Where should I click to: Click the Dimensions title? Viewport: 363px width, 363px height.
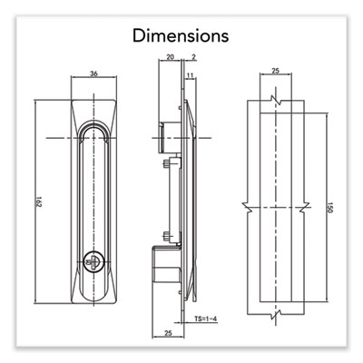pos(181,35)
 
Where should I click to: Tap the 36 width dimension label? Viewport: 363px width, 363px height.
pos(94,74)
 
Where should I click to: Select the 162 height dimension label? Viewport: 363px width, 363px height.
pos(39,201)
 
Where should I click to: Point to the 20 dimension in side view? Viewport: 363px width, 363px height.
pos(171,56)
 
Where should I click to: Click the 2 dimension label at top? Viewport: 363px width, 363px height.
pos(193,56)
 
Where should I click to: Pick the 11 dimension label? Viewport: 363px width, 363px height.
pos(190,75)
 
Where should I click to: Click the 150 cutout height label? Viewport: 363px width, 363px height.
pos(330,208)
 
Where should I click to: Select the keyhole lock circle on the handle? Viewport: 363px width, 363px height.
pos(94,260)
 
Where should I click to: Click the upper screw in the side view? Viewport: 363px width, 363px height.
pos(166,164)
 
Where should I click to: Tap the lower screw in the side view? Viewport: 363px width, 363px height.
pos(166,235)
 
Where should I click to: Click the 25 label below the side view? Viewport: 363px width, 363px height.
pos(168,333)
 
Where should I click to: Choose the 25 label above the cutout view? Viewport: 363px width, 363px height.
pos(275,71)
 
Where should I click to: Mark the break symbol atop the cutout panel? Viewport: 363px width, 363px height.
pos(276,100)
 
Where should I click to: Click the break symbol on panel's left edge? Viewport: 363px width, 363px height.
pos(248,208)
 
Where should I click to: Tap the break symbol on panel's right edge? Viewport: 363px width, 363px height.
pos(305,208)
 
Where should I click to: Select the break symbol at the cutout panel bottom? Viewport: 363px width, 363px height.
pos(276,315)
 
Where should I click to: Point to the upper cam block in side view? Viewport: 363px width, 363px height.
pos(170,137)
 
